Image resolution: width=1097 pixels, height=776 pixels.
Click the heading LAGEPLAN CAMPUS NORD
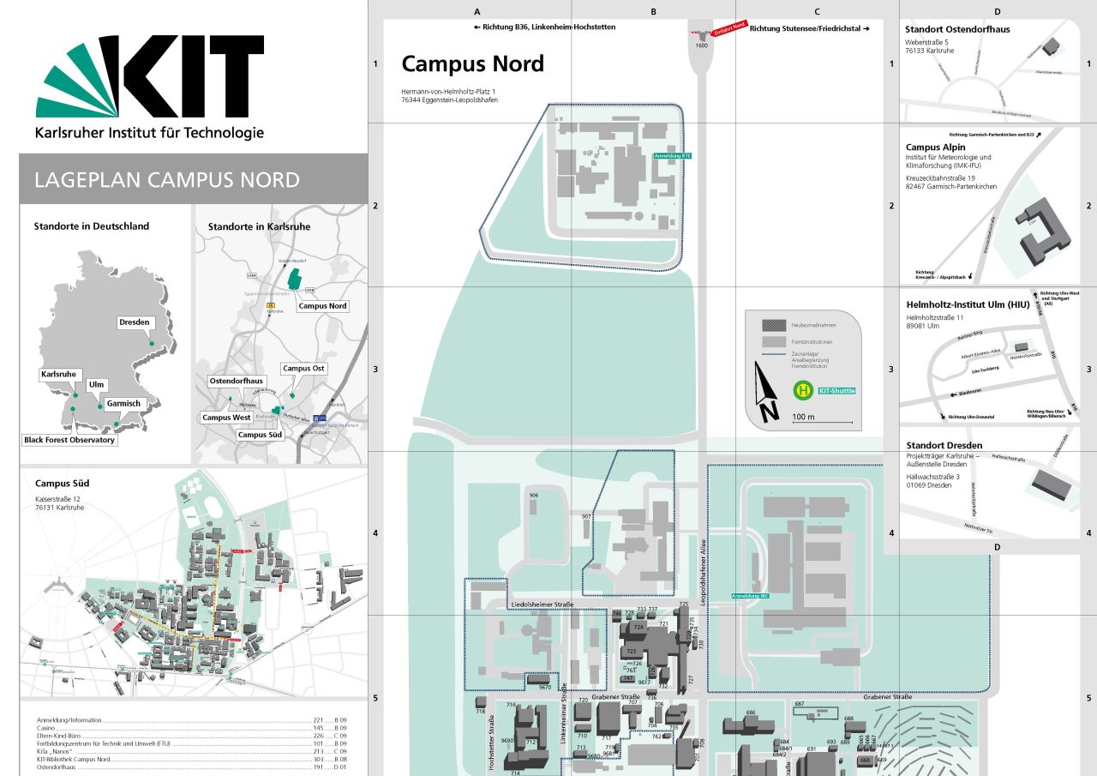167,180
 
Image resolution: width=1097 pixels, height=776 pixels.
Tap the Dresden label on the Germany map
135,322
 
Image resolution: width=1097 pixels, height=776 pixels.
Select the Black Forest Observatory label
69,440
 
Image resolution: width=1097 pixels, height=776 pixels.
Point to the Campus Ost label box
304,369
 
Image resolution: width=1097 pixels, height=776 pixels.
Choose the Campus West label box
226,418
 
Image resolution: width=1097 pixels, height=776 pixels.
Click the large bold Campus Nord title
472,63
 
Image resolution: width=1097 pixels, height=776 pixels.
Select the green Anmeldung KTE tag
672,156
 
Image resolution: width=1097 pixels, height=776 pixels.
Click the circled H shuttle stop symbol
803,391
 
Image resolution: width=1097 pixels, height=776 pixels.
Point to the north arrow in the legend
765,393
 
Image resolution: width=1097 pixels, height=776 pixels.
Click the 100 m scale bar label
804,417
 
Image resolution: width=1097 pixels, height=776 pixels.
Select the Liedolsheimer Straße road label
542,605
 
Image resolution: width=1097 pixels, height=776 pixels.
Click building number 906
534,496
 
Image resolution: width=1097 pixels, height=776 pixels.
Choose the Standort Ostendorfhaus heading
957,29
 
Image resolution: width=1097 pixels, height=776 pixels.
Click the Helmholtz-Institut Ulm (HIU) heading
968,304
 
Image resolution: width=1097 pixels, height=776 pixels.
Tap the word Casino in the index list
47,728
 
